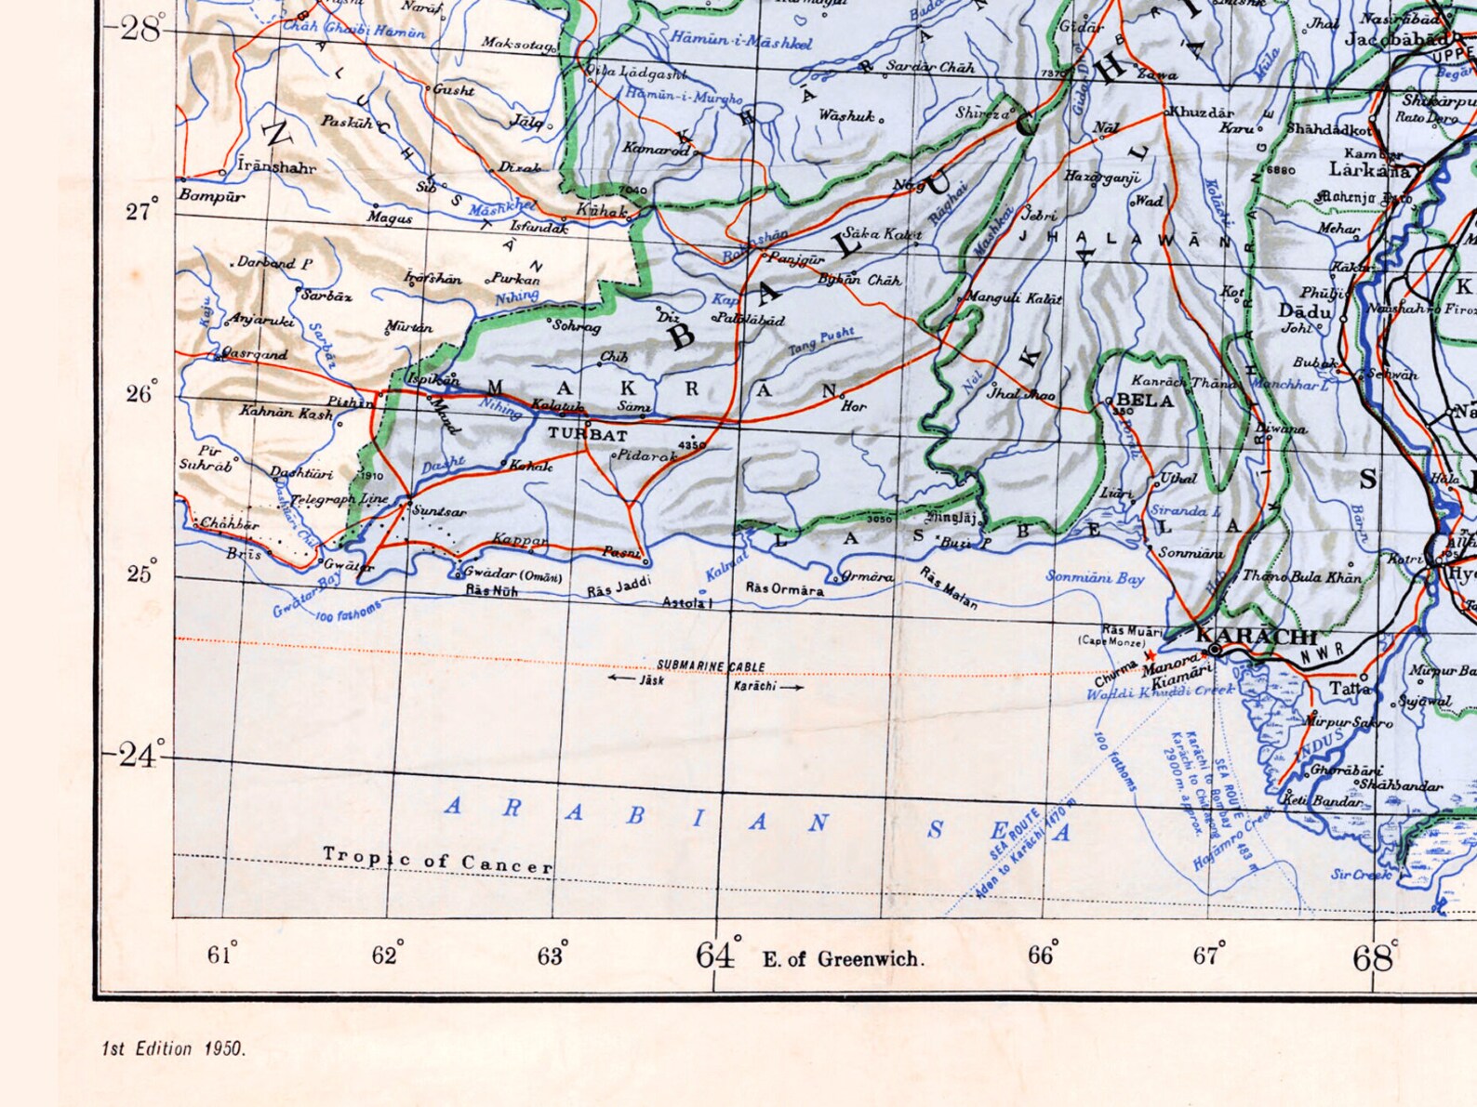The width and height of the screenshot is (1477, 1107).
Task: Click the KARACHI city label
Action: pyautogui.click(x=1257, y=637)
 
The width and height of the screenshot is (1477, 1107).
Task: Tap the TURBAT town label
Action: pyautogui.click(x=587, y=434)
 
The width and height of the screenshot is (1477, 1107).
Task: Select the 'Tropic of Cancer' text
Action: pyautogui.click(x=437, y=861)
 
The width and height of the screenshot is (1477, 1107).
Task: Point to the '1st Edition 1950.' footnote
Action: pyautogui.click(x=174, y=1048)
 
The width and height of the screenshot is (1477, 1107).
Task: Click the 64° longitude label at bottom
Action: pyautogui.click(x=717, y=955)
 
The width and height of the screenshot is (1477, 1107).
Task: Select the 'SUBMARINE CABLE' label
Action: pyautogui.click(x=711, y=666)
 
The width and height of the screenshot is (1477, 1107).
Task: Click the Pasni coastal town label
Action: pyautogui.click(x=621, y=552)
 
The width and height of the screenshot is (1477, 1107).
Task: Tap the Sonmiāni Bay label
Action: pyautogui.click(x=1095, y=578)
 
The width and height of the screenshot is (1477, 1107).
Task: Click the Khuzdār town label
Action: pyautogui.click(x=1202, y=112)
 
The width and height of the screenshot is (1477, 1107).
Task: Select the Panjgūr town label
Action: pyautogui.click(x=796, y=259)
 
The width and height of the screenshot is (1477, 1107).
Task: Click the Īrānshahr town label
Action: pyautogui.click(x=276, y=167)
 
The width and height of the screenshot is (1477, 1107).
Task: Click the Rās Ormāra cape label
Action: pyautogui.click(x=784, y=589)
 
